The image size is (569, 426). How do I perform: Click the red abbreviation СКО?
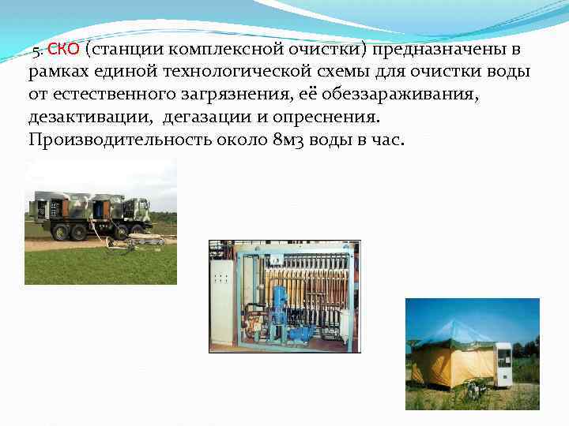pyautogui.click(x=63, y=50)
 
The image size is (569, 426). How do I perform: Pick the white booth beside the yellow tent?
pyautogui.click(x=503, y=364)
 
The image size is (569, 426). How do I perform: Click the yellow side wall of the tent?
pyautogui.click(x=443, y=366)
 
